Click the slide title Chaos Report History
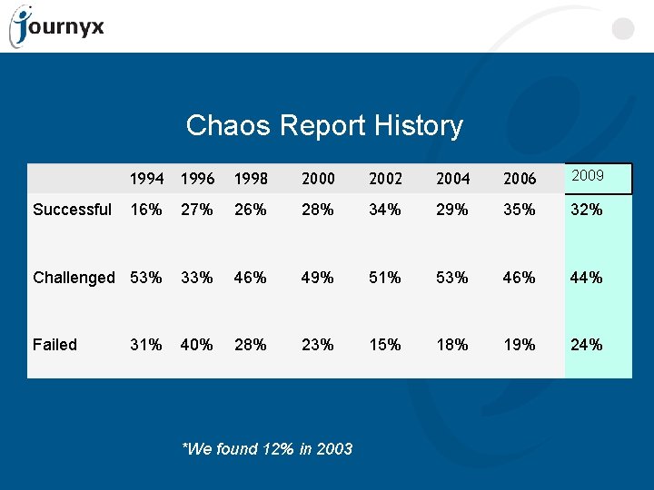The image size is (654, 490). click(324, 125)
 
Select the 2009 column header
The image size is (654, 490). click(589, 175)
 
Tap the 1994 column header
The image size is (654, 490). click(146, 179)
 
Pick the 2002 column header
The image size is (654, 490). click(385, 179)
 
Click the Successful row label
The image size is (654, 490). click(72, 210)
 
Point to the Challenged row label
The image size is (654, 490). click(74, 278)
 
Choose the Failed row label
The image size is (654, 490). click(54, 345)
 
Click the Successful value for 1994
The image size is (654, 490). click(146, 210)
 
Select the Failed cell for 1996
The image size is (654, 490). click(197, 345)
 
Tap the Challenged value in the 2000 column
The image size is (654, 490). click(318, 278)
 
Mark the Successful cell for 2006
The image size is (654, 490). click(519, 210)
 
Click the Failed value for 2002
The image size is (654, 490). click(385, 345)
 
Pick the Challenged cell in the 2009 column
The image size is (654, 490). click(586, 278)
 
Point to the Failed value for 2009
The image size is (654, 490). click(586, 345)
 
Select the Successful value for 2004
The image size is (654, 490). click(451, 210)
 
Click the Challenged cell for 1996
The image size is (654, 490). click(197, 278)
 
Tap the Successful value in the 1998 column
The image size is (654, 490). click(251, 210)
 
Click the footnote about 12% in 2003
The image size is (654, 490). click(267, 448)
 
